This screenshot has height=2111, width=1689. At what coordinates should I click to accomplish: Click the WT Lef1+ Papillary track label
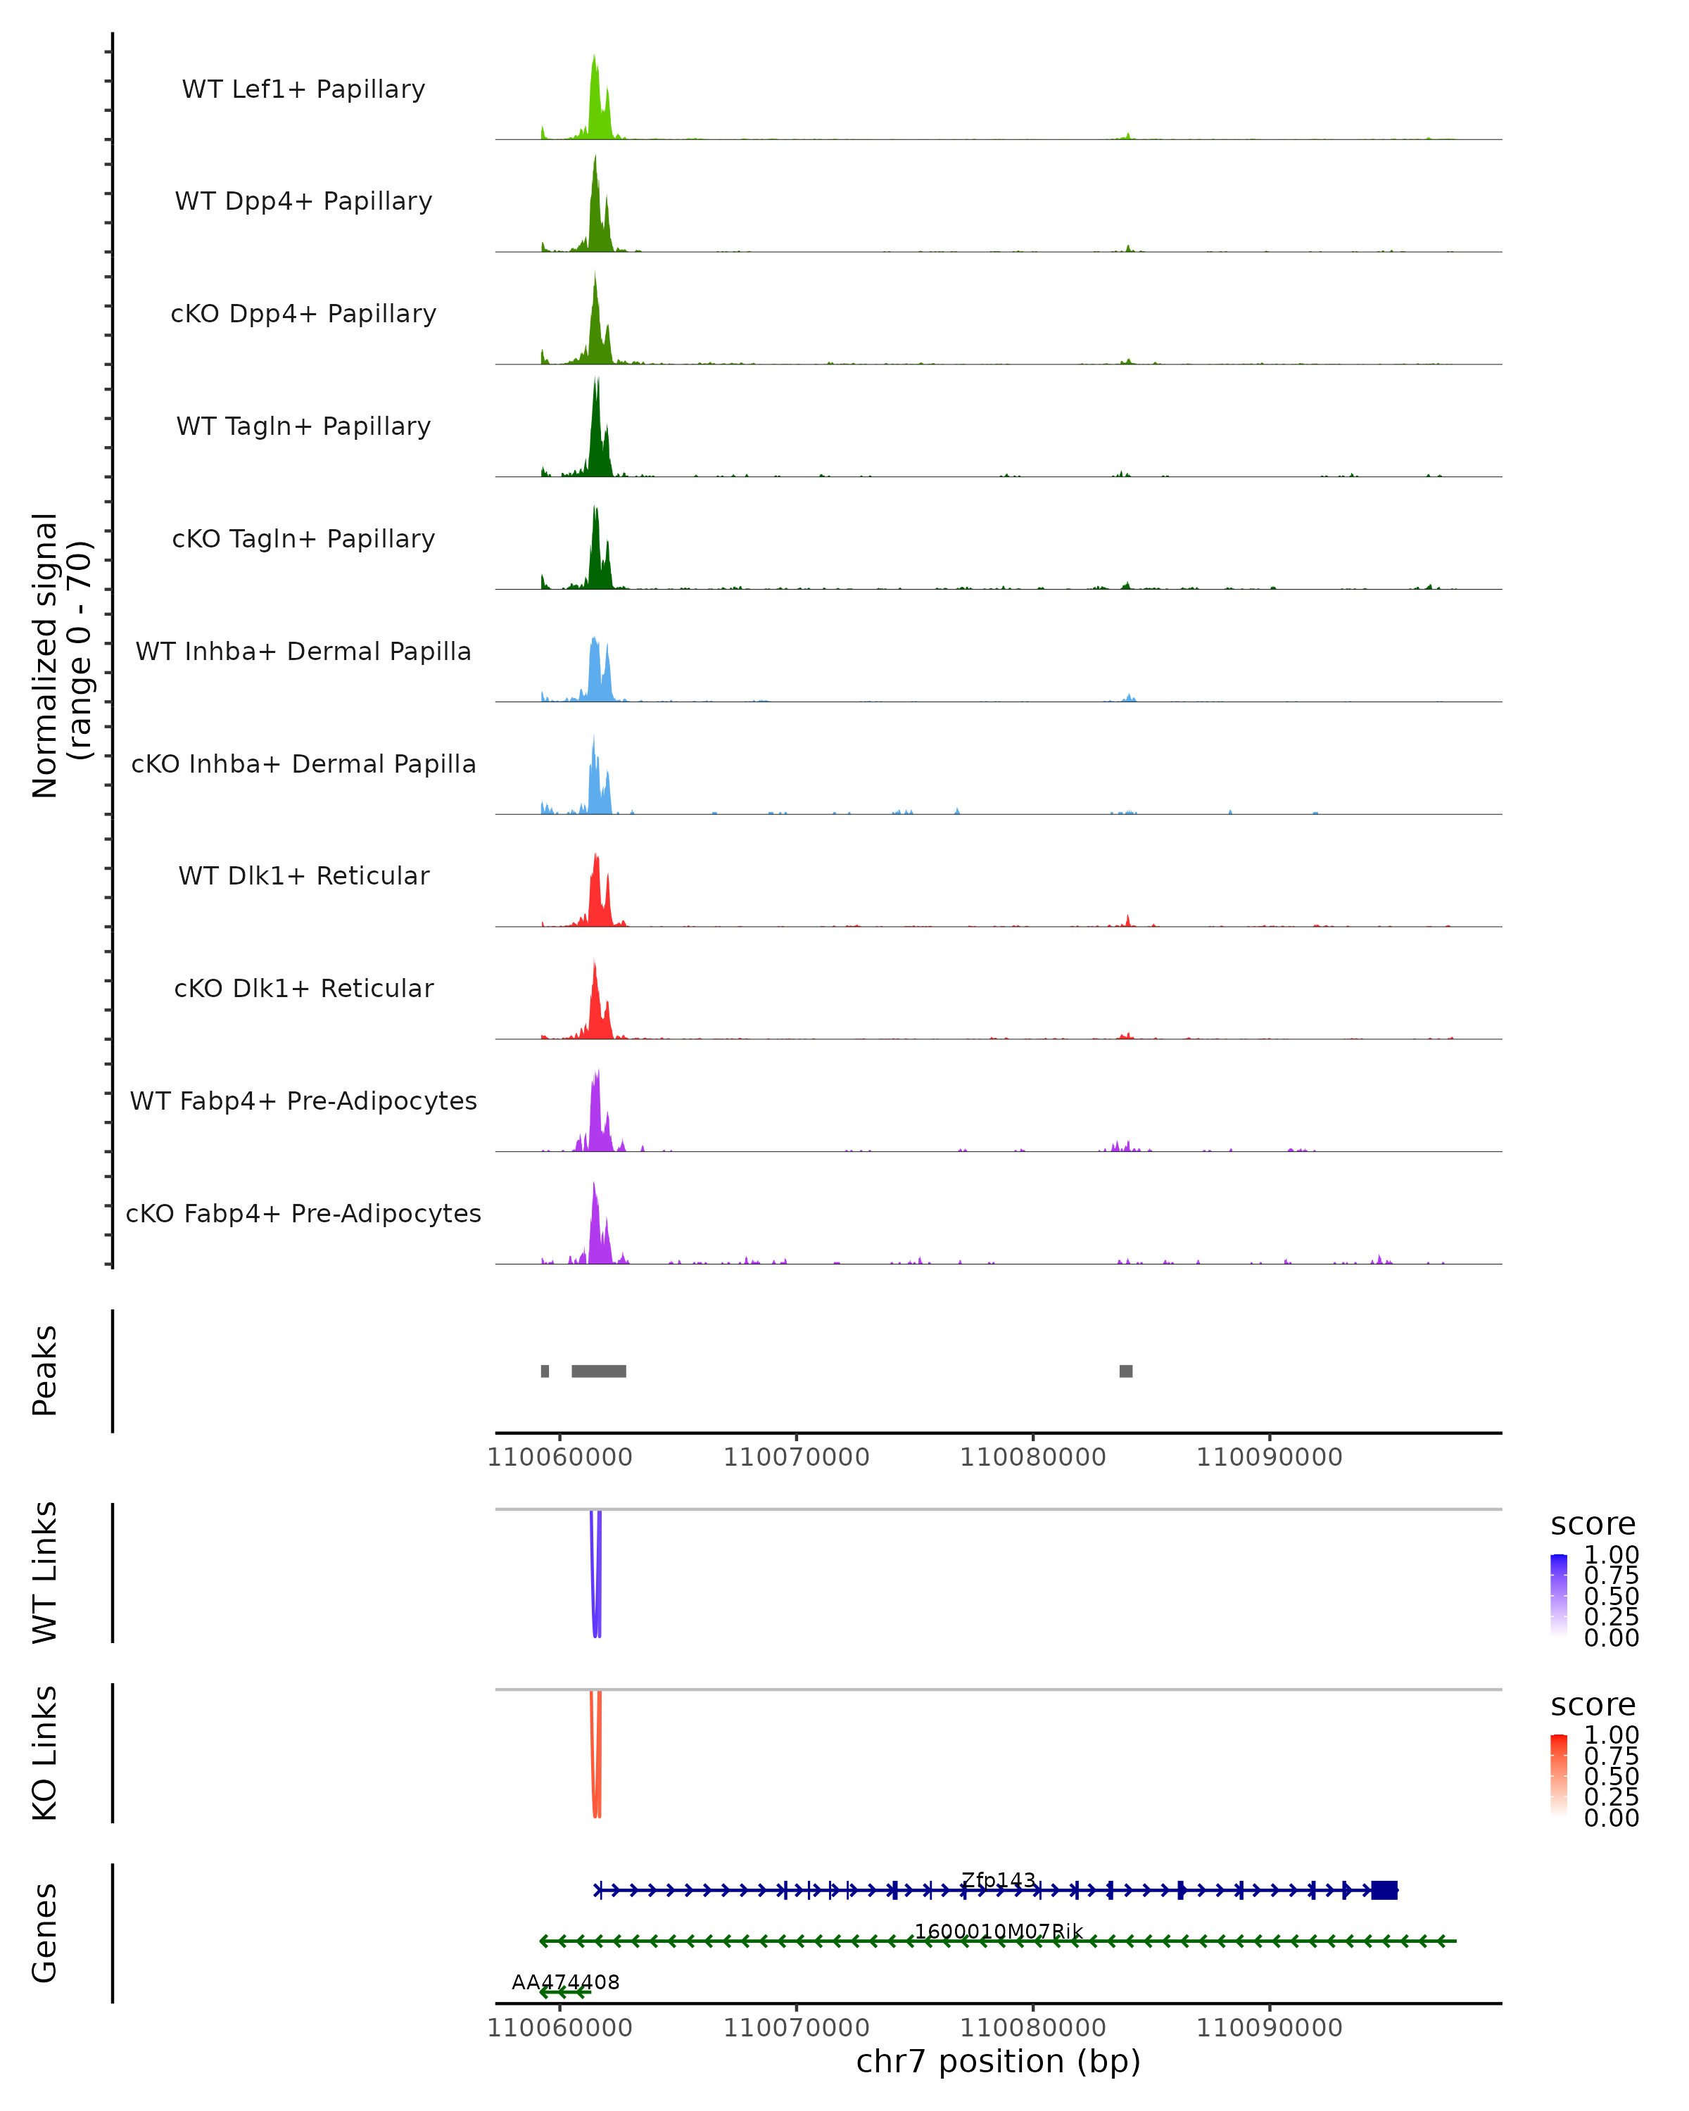tap(303, 89)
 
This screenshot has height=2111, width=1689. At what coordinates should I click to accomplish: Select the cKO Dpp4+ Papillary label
tap(303, 313)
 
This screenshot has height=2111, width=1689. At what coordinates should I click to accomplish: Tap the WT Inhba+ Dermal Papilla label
tap(303, 651)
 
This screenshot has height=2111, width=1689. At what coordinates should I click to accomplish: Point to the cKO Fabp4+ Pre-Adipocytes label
tap(303, 1213)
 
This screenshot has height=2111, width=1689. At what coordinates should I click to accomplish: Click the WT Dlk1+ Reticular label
tap(303, 875)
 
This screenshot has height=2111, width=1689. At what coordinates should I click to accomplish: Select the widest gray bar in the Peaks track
tap(598, 1371)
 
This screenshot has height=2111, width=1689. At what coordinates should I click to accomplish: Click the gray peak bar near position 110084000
tap(1126, 1371)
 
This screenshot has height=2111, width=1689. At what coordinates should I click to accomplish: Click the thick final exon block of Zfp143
tap(1384, 1890)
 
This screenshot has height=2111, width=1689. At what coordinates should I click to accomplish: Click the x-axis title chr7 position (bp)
tap(998, 2061)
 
